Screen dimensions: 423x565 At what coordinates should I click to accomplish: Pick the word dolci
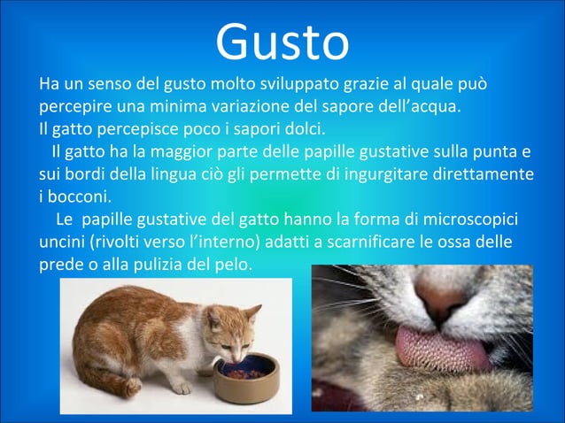pos(302,130)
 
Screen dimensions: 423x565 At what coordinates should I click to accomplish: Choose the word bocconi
pos(79,196)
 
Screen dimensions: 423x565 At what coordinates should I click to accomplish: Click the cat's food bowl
pos(245,375)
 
